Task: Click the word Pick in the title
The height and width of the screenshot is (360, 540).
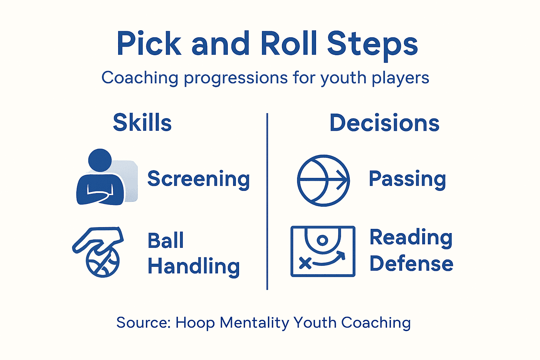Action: [149, 44]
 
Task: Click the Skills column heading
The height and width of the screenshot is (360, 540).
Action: [142, 123]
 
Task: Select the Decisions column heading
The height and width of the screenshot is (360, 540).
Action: [384, 123]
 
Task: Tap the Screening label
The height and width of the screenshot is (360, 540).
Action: [198, 179]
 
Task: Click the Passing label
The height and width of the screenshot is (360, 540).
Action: [407, 179]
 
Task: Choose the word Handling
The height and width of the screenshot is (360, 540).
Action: [193, 266]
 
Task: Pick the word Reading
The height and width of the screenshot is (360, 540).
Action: [411, 238]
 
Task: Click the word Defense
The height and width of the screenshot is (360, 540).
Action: [411, 264]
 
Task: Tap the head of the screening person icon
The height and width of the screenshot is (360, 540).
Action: [100, 160]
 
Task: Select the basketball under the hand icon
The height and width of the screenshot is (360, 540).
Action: [103, 262]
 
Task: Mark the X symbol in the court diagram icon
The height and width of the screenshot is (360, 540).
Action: [305, 263]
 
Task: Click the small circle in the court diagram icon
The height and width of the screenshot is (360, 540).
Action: [322, 240]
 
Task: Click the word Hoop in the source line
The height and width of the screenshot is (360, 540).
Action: [195, 323]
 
